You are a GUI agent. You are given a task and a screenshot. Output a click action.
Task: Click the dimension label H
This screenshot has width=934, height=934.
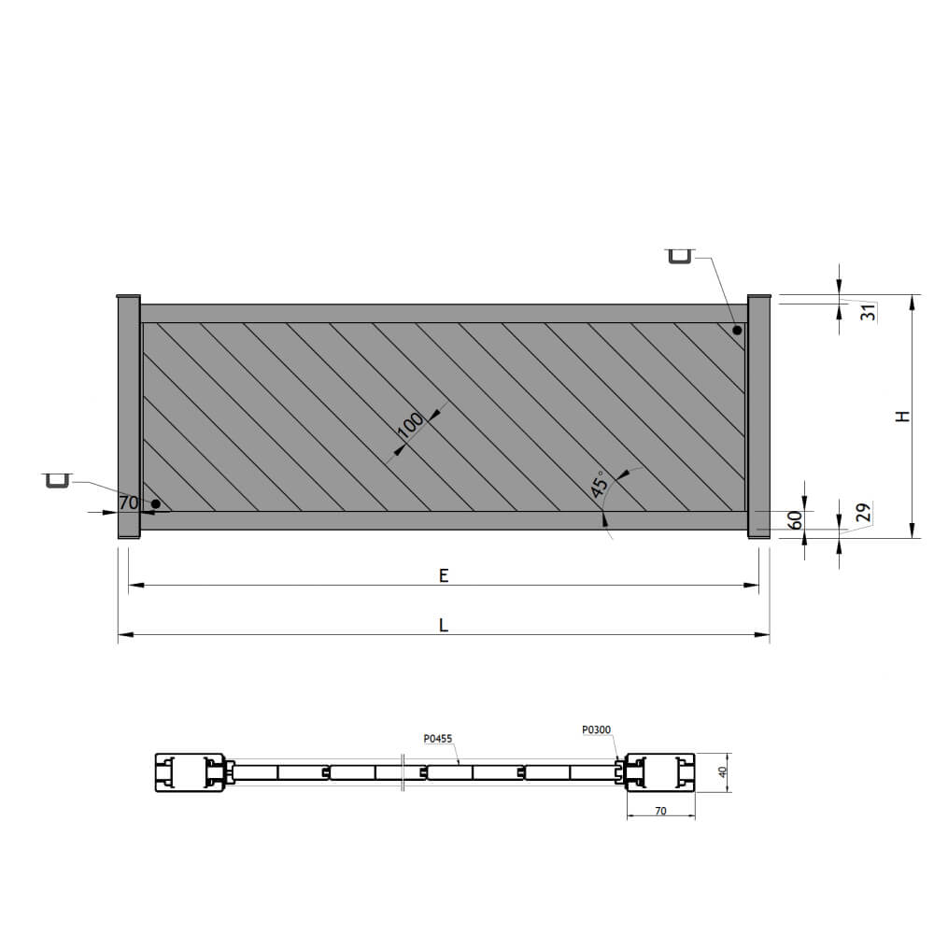[903, 417]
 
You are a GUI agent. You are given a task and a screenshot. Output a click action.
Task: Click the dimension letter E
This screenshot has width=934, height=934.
[444, 575]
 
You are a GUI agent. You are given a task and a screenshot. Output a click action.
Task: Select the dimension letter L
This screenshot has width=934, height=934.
[444, 625]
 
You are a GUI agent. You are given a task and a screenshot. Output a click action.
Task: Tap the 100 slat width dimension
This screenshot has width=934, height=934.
[410, 425]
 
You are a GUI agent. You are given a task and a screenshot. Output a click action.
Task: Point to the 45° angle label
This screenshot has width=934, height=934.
[600, 483]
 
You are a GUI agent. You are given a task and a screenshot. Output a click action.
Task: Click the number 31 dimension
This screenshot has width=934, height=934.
[869, 312]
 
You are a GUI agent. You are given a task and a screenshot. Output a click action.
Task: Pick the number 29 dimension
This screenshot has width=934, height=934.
[863, 512]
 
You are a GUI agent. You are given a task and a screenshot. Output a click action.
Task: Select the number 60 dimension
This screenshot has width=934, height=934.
[795, 519]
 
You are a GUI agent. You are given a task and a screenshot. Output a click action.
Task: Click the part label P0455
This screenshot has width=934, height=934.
[438, 739]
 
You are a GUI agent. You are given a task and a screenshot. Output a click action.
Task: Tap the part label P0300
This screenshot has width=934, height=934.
[596, 729]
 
